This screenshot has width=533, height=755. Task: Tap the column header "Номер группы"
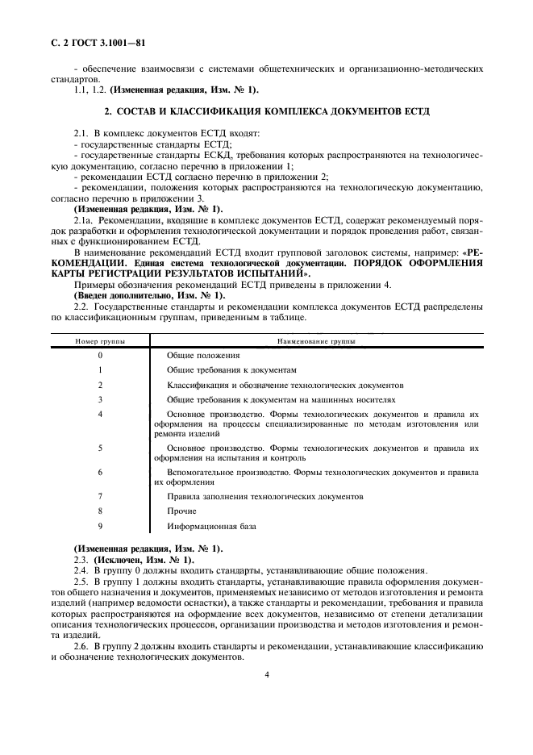click(100, 342)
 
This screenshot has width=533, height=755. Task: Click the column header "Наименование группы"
click(316, 342)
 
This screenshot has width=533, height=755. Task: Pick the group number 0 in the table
click(100, 355)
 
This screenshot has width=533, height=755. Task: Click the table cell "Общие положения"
click(203, 355)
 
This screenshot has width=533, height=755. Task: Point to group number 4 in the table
click(100, 414)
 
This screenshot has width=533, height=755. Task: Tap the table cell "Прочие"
click(181, 511)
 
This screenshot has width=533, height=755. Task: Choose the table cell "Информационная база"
click(211, 527)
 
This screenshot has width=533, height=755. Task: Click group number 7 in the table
click(100, 497)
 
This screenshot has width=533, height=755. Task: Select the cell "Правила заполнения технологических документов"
click(264, 497)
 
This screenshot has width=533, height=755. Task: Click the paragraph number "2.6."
click(81, 648)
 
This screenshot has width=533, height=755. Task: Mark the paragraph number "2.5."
click(81, 581)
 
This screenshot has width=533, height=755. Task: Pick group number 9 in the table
click(100, 527)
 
